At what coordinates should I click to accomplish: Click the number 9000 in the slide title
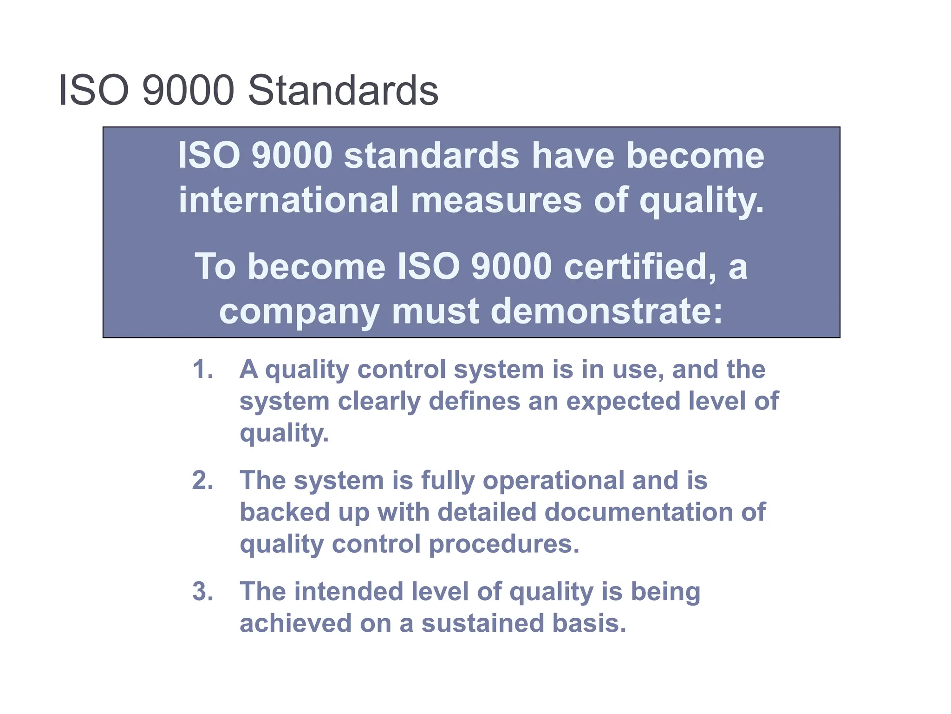(x=188, y=90)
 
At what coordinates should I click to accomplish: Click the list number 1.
(x=202, y=370)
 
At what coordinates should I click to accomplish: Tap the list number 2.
(x=202, y=480)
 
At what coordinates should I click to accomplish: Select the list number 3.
(x=202, y=591)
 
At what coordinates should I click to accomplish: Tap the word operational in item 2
(x=553, y=481)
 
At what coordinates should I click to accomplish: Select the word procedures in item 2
(x=504, y=544)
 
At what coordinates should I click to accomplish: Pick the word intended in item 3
(x=348, y=591)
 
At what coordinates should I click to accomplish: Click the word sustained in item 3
(x=482, y=623)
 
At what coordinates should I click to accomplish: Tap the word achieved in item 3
(x=295, y=623)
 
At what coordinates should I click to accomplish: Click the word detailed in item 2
(x=487, y=512)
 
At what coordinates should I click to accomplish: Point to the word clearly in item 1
(x=378, y=402)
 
